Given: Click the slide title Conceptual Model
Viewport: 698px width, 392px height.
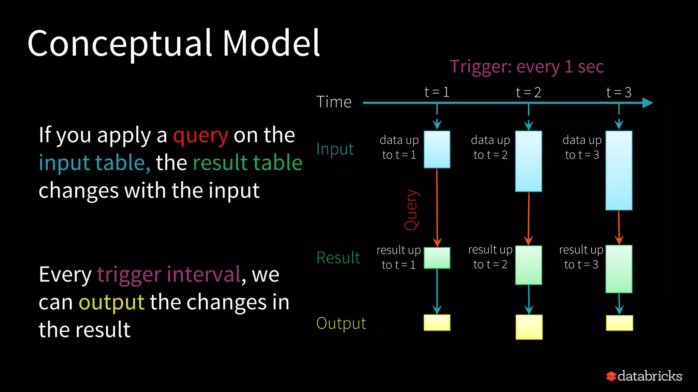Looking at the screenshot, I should [x=173, y=44].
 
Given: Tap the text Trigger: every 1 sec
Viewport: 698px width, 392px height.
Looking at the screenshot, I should [x=527, y=66].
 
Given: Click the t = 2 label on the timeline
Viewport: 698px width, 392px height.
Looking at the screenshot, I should [x=528, y=92].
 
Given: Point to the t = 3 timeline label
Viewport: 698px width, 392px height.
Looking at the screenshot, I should [x=619, y=92].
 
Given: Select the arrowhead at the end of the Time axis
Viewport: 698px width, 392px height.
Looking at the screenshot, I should [x=647, y=103].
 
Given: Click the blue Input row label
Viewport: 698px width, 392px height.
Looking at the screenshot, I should [x=335, y=149].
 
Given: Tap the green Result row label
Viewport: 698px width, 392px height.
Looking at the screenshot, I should [x=338, y=258].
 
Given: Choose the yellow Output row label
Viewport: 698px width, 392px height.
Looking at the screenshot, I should [x=341, y=323].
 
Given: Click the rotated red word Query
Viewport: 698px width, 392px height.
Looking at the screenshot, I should [x=411, y=210].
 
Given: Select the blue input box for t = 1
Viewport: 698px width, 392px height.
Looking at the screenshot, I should [x=437, y=149].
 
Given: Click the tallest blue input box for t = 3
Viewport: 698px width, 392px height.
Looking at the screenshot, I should [x=619, y=170].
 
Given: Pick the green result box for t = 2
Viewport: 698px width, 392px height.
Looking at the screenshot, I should [x=528, y=265].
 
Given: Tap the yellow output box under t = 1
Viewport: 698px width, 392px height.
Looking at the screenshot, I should [x=437, y=323].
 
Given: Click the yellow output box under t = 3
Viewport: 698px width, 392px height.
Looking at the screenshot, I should [x=619, y=323].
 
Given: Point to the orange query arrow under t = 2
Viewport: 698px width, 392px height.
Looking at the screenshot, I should [x=529, y=218].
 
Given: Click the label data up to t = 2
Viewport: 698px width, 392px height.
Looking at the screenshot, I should [x=490, y=147].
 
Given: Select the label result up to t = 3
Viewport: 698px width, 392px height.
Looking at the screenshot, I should [x=581, y=257].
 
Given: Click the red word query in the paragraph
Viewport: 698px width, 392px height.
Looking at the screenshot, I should [x=200, y=135].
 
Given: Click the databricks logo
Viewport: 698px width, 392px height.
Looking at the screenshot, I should [x=644, y=376].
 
